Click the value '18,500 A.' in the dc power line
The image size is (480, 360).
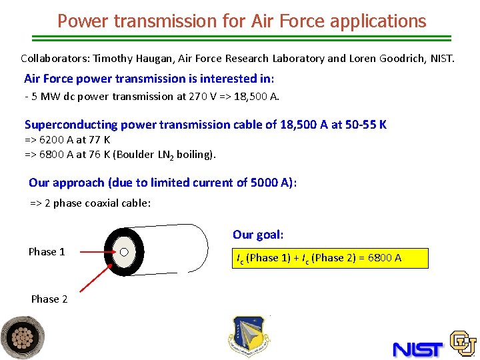tap(255, 96)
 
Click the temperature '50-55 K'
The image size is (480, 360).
tap(366, 125)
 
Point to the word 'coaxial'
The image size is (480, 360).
tap(99, 203)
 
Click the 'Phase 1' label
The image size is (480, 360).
tap(47, 251)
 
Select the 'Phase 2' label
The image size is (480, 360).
tap(49, 299)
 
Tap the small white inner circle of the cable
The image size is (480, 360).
tap(123, 252)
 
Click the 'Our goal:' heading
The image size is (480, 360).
tap(258, 235)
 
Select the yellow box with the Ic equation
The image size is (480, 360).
tap(330, 258)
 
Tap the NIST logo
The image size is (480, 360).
tap(418, 349)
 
